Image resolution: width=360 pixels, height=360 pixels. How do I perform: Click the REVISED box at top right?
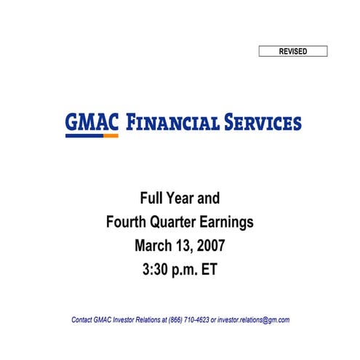(x=293, y=51)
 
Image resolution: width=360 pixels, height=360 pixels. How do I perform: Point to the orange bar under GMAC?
(x=111, y=136)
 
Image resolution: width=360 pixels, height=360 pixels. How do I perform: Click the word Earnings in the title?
(x=232, y=221)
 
